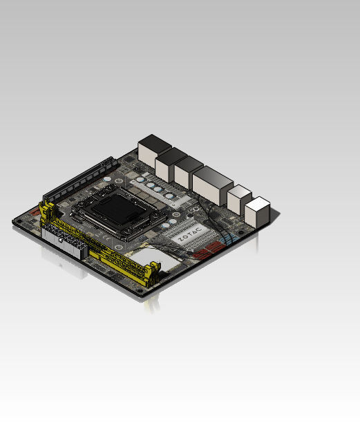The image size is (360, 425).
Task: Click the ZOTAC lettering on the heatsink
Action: click(x=190, y=235)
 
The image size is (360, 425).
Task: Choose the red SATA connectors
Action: click(x=207, y=249)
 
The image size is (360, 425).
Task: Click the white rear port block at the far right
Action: click(x=257, y=212)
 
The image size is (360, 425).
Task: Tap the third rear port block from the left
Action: click(x=188, y=173)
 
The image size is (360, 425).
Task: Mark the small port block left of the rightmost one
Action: click(x=239, y=199)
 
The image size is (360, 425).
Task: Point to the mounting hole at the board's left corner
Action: click(x=19, y=221)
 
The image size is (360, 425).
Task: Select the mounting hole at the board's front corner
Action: click(x=141, y=291)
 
